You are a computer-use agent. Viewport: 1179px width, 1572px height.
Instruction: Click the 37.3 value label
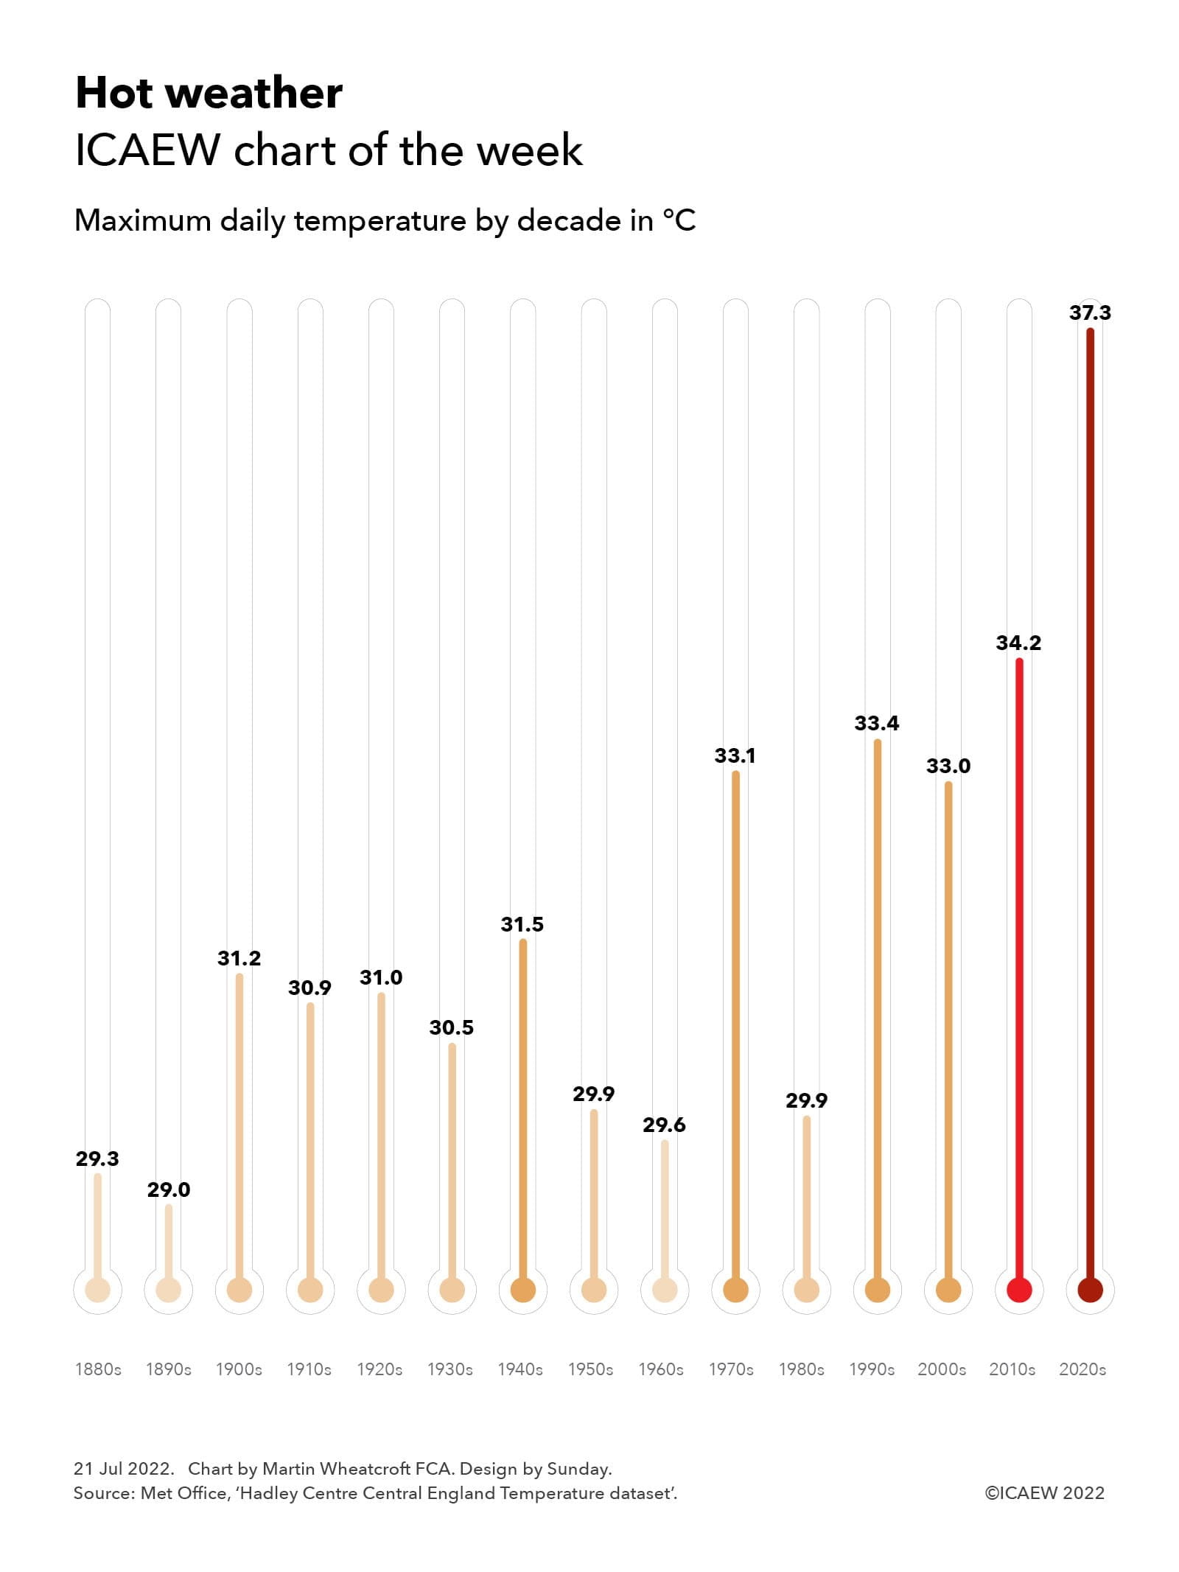coord(1089,312)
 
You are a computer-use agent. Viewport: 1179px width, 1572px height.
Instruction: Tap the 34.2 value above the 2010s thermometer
coord(1018,643)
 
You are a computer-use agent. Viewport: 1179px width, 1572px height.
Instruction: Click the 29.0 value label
coord(168,1190)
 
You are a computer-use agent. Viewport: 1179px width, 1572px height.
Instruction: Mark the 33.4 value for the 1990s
coord(876,723)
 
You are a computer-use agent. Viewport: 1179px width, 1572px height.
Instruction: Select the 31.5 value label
coord(522,924)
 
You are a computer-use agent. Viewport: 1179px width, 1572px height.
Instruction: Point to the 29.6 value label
coord(663,1125)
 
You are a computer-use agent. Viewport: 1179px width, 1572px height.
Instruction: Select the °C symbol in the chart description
coord(679,220)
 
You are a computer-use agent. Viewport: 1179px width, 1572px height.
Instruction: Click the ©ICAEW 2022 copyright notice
coord(1044,1492)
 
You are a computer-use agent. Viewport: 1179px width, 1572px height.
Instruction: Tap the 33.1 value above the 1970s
coord(734,755)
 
